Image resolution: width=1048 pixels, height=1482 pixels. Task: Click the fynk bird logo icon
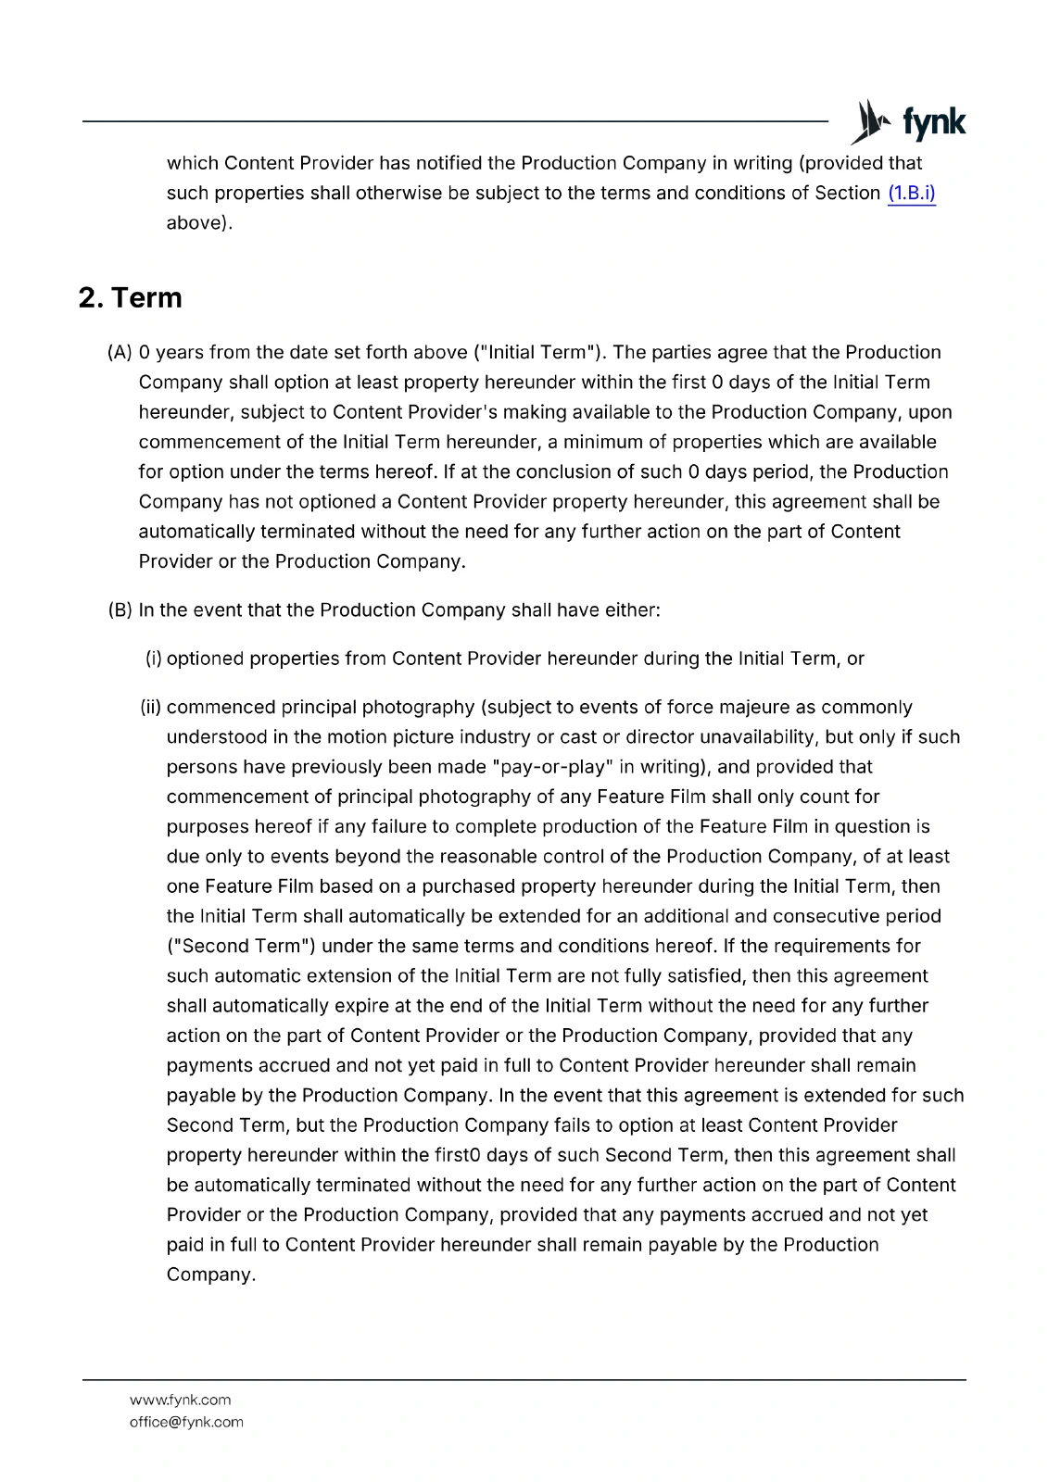tap(871, 121)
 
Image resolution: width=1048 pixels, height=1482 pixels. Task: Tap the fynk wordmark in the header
tap(933, 122)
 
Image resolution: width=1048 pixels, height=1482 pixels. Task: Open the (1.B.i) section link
tap(911, 193)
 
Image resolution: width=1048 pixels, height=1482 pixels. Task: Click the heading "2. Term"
tap(131, 297)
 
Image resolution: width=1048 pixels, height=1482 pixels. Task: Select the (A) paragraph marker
tap(120, 352)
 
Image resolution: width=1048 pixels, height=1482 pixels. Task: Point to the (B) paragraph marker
tap(120, 609)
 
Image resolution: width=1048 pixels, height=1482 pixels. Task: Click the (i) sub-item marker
tap(154, 659)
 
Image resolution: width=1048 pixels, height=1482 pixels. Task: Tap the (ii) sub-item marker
tap(151, 707)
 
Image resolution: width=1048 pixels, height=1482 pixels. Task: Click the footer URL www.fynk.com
tap(180, 1400)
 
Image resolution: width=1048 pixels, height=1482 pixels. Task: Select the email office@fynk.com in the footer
tap(186, 1422)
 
